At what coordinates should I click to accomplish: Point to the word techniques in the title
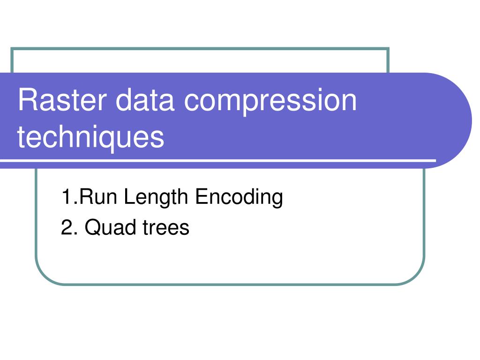[x=91, y=137]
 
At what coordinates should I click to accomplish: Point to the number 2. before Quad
[x=68, y=228]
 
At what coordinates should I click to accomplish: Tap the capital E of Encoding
[x=200, y=197]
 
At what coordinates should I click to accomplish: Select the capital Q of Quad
[x=92, y=228]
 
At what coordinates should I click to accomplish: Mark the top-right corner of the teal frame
[x=389, y=48]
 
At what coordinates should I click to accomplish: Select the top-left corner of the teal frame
[x=11, y=48]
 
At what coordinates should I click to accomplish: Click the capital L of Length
[x=128, y=197]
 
